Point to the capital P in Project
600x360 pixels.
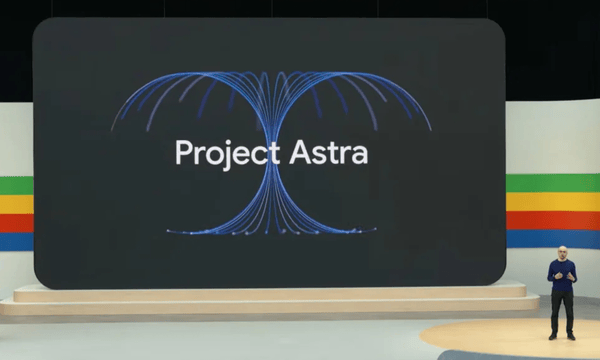181,153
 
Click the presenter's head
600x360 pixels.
562,252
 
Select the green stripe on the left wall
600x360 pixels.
16,186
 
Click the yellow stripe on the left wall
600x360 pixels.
16,205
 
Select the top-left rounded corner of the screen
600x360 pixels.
40,26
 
